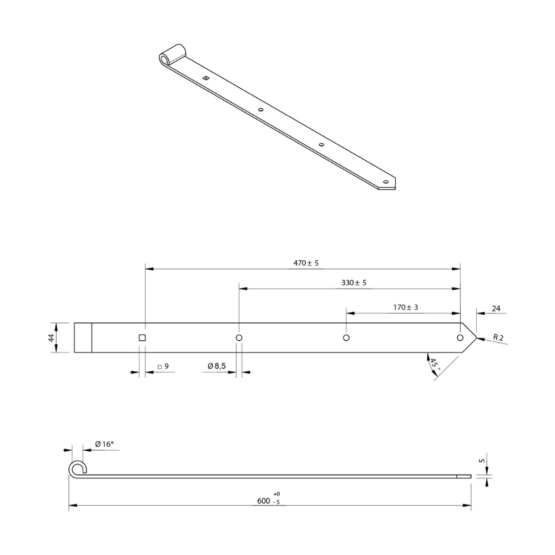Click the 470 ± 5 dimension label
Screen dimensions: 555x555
tap(306, 263)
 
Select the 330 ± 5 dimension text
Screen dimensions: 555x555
tap(354, 283)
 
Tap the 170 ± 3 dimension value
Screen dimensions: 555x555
tap(406, 307)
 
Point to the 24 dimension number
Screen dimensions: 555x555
tap(496, 309)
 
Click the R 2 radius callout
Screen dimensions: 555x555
tap(498, 337)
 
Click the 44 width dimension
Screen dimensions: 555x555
tap(52, 338)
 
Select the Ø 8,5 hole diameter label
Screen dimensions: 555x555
tap(216, 366)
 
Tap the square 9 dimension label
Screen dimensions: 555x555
tap(164, 366)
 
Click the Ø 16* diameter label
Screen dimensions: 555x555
tap(104, 444)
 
